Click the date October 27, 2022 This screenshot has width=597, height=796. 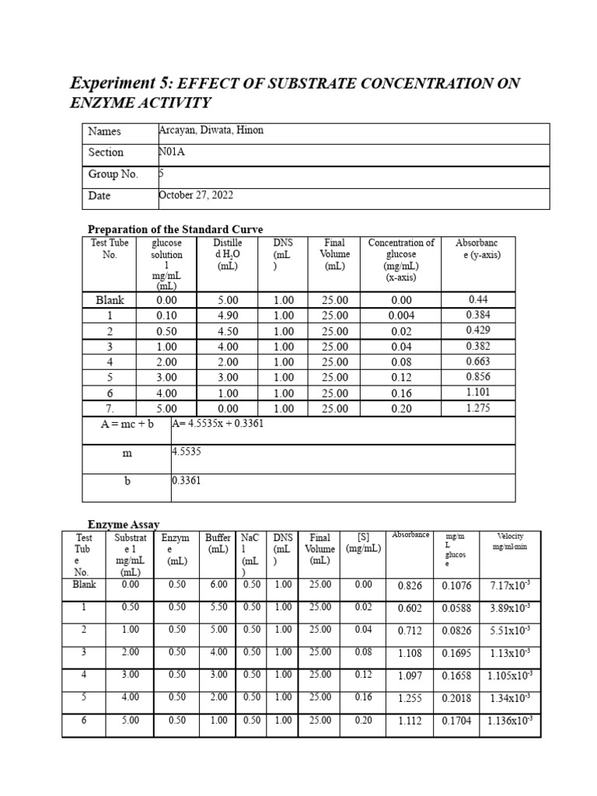click(x=196, y=195)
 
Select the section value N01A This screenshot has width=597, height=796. click(x=173, y=152)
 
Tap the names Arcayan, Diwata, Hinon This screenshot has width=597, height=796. click(x=211, y=131)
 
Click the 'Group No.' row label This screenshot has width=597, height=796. click(x=113, y=174)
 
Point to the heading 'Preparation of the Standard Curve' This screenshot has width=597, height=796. click(x=175, y=229)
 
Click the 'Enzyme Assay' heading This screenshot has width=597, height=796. click(x=123, y=526)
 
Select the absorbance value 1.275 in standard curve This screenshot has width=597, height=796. click(x=478, y=408)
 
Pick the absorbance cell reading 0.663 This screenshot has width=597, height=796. click(x=478, y=361)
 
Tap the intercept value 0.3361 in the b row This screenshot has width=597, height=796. click(x=187, y=480)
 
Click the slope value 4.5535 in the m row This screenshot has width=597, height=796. click(x=187, y=451)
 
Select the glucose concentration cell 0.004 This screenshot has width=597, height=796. click(x=401, y=316)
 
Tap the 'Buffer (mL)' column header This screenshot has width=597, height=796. click(x=218, y=543)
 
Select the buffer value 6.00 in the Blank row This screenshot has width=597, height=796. click(x=218, y=585)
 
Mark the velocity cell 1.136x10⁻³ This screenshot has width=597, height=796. click(x=509, y=721)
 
